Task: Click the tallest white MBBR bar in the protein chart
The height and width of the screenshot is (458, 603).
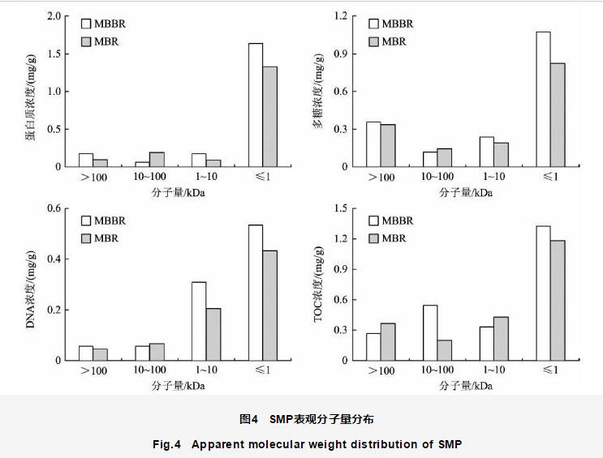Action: point(256,105)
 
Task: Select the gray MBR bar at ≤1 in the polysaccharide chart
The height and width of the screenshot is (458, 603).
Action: point(558,114)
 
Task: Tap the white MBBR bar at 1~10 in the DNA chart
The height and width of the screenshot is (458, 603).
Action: point(199,321)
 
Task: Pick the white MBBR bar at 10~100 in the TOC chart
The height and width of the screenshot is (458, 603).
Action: point(430,332)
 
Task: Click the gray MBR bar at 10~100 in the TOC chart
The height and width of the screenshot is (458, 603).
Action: point(444,349)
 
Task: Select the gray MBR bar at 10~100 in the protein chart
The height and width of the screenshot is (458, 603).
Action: point(157,159)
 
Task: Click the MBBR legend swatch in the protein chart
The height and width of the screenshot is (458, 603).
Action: point(85,24)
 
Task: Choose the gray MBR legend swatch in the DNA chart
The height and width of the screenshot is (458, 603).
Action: point(85,238)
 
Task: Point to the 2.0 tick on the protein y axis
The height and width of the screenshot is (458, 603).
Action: point(54,16)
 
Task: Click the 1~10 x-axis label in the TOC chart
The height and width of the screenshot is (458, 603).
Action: point(493,370)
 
